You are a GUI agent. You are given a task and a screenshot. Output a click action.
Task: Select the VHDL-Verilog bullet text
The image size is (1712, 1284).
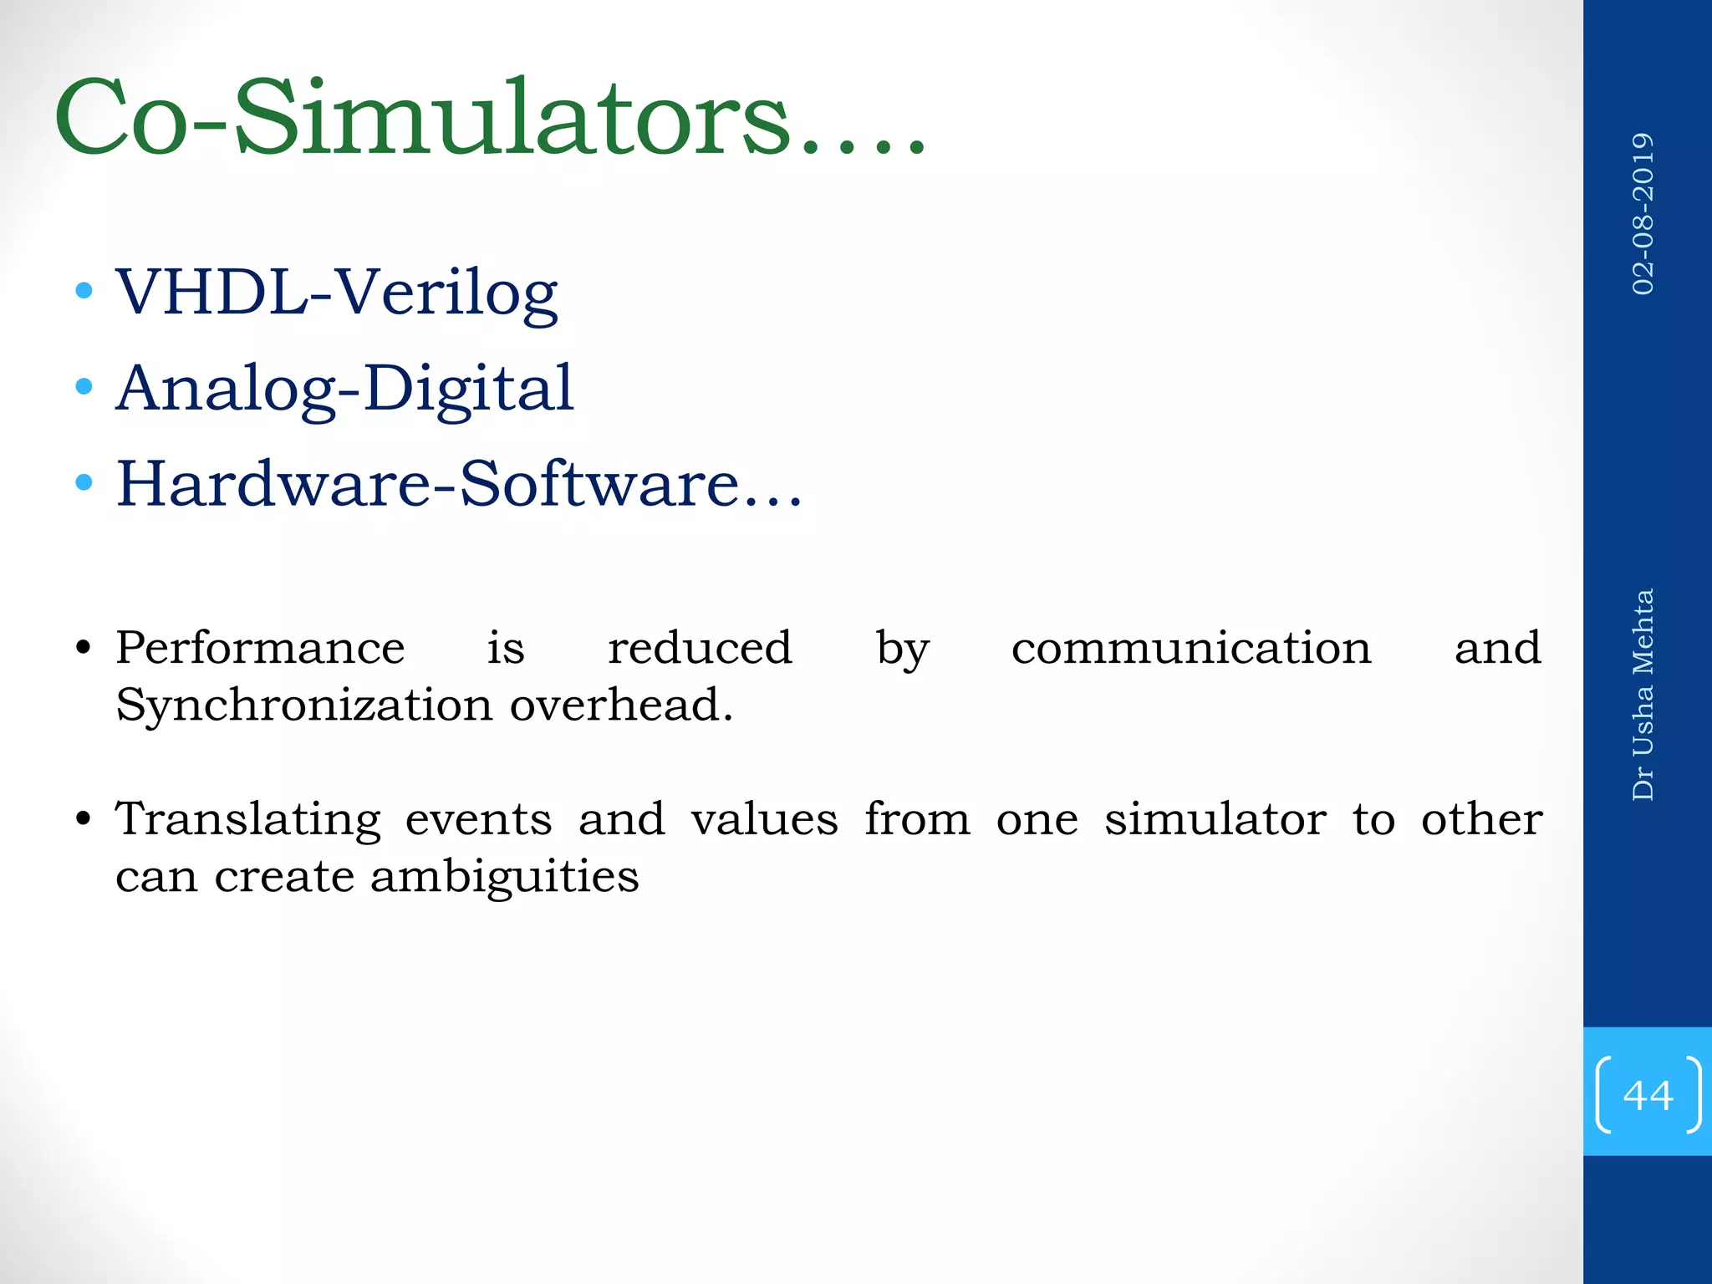click(x=336, y=293)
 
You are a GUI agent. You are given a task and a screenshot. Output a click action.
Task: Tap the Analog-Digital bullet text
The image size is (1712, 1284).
click(x=344, y=388)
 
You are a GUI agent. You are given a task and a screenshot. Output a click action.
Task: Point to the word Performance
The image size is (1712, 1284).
click(x=260, y=648)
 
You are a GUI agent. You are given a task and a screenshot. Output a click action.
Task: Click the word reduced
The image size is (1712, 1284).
click(x=700, y=648)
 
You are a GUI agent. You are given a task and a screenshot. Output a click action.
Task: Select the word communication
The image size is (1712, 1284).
click(x=1191, y=648)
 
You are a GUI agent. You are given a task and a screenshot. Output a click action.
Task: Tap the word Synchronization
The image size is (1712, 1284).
click(x=304, y=705)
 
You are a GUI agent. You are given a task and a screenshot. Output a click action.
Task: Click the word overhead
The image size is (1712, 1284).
click(x=621, y=705)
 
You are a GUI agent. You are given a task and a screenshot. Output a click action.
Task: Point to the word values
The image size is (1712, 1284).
click(x=764, y=819)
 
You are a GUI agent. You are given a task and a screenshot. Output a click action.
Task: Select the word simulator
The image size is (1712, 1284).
click(x=1215, y=819)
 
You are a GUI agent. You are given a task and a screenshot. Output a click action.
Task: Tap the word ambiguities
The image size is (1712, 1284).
click(x=504, y=876)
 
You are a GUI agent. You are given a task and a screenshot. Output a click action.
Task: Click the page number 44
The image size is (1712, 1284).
click(x=1648, y=1095)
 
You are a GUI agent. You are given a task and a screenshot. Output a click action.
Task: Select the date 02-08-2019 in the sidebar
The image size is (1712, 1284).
click(x=1643, y=214)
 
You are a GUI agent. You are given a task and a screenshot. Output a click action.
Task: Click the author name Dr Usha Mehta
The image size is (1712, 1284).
click(x=1643, y=695)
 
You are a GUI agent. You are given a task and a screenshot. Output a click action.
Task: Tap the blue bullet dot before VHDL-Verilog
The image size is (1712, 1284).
click(x=84, y=291)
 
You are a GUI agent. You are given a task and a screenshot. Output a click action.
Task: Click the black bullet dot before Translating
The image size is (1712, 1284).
click(x=83, y=818)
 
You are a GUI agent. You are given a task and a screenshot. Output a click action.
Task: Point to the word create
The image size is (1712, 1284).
click(x=284, y=876)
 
